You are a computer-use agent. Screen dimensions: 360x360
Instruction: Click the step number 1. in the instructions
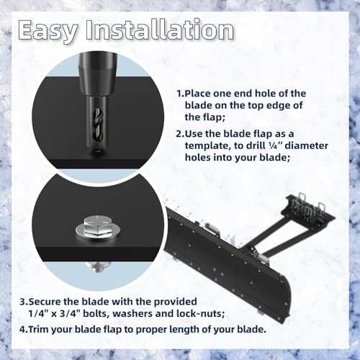pyautogui.click(x=180, y=94)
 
